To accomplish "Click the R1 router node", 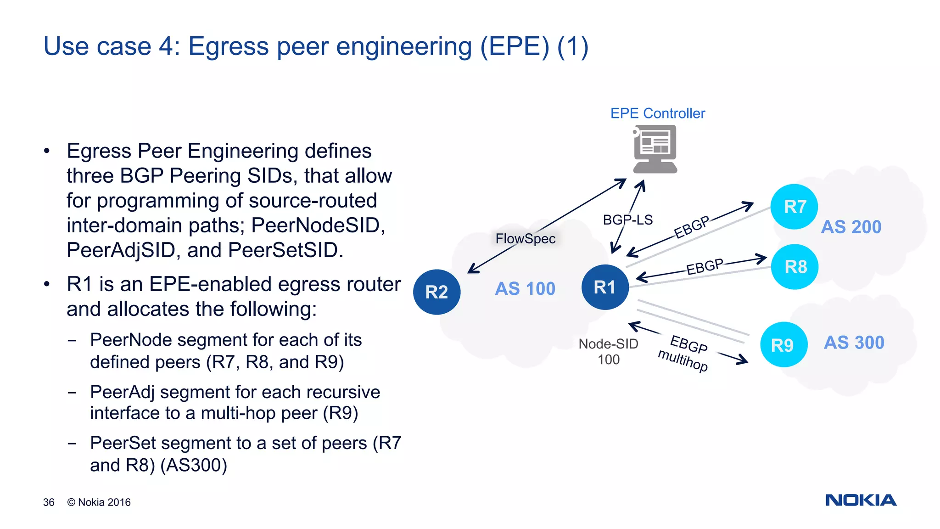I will [x=605, y=287].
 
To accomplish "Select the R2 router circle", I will [x=436, y=292].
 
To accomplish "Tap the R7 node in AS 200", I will [x=795, y=207].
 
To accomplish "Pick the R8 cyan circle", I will [x=795, y=267].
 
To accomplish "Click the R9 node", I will [x=783, y=345].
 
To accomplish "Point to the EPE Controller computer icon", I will [x=655, y=149].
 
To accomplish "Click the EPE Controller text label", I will [x=657, y=113].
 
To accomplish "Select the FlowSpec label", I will [x=526, y=239].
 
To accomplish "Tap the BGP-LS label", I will [x=627, y=220].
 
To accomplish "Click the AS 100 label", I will [x=525, y=289].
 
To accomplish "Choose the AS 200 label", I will [x=851, y=227].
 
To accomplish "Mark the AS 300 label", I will [x=854, y=343].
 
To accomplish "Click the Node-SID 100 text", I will [x=608, y=352].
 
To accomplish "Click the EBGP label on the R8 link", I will [x=705, y=266].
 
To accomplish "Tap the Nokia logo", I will [x=861, y=500].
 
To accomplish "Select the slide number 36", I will [x=49, y=502].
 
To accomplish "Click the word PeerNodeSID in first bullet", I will [x=318, y=225].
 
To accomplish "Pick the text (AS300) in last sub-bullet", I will [x=194, y=465].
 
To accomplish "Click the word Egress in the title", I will [x=229, y=46].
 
